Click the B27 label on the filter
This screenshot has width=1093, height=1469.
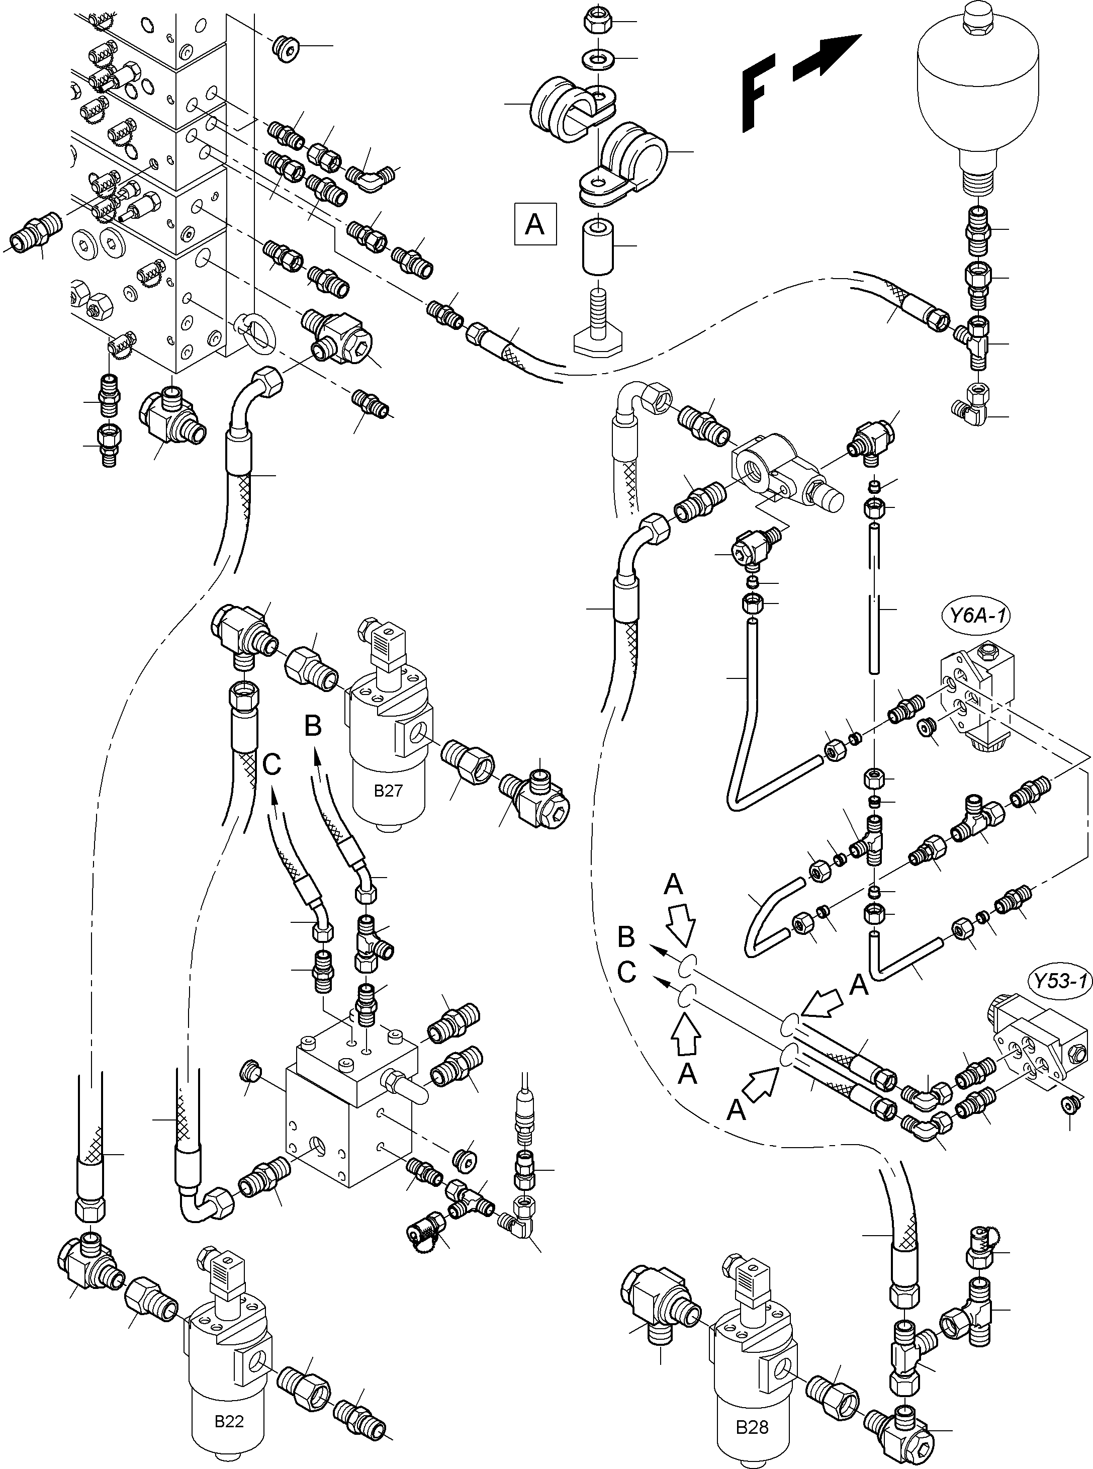(388, 791)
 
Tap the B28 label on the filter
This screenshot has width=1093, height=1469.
(752, 1427)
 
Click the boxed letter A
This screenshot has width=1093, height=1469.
(534, 225)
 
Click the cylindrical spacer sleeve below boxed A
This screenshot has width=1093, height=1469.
(597, 247)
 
